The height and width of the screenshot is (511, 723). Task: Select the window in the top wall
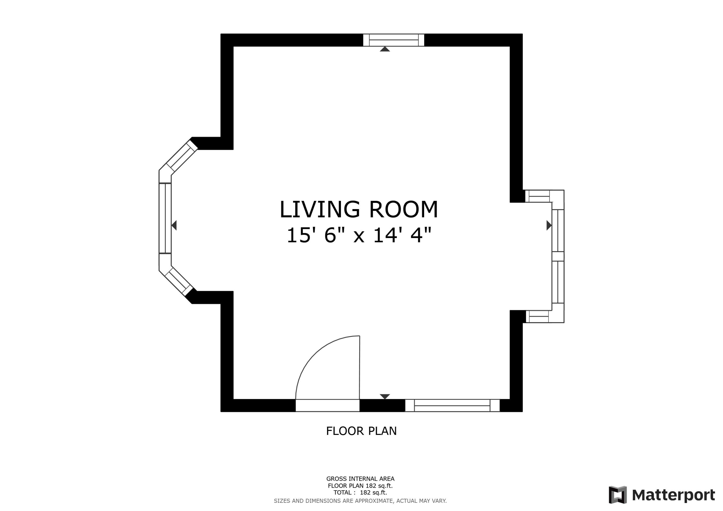(x=394, y=40)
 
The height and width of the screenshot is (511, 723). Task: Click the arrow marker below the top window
(x=385, y=49)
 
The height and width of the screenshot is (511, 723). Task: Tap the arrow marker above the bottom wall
(x=385, y=396)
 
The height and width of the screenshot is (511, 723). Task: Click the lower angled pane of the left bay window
(x=178, y=281)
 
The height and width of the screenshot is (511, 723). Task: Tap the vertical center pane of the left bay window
(x=165, y=218)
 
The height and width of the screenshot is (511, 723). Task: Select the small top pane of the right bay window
(x=539, y=196)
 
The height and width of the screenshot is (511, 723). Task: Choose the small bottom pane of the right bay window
(x=538, y=316)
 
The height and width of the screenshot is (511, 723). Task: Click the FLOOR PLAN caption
(x=361, y=431)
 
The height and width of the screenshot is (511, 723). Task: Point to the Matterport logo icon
(x=617, y=495)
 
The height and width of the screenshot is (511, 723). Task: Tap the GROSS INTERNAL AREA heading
(x=360, y=479)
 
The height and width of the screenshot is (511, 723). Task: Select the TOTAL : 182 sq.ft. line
(x=360, y=493)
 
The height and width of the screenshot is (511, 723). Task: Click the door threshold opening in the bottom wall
(x=328, y=405)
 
